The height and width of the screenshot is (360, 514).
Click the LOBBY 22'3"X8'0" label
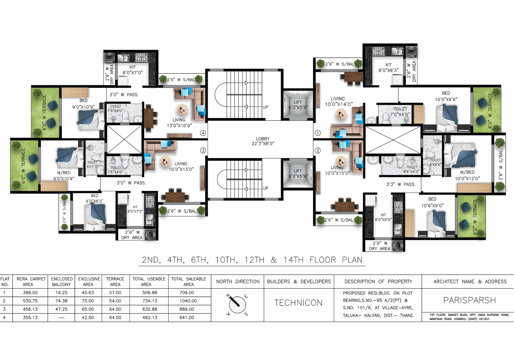(263, 141)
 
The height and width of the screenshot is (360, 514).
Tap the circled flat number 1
(318, 133)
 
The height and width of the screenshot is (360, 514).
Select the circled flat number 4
(203, 133)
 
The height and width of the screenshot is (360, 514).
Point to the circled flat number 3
(203, 150)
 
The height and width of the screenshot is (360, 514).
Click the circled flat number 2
(318, 150)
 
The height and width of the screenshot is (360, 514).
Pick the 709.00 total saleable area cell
(187, 292)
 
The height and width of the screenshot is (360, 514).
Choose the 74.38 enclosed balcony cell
(61, 301)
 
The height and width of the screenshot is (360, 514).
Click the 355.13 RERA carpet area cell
(30, 317)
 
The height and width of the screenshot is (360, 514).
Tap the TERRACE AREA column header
(115, 281)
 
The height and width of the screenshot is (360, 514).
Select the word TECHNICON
(298, 303)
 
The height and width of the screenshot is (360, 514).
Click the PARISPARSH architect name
(469, 300)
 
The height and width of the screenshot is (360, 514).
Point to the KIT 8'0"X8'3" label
(389, 68)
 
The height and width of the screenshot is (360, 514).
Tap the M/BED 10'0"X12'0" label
(467, 175)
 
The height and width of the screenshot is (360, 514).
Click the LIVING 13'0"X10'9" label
(179, 123)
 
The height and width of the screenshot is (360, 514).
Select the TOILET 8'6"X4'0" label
(412, 169)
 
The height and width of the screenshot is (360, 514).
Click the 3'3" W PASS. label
(401, 184)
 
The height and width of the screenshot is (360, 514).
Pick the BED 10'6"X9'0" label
(432, 202)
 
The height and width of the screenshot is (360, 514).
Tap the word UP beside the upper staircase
(266, 107)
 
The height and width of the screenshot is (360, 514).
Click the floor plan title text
(252, 260)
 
